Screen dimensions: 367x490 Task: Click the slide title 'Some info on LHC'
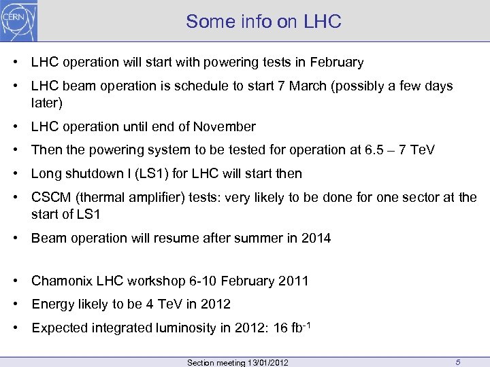[263, 22]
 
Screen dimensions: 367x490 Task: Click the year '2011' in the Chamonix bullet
[293, 281]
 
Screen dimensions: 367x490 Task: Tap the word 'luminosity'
[203, 328]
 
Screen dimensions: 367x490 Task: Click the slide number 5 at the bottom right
[459, 362]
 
